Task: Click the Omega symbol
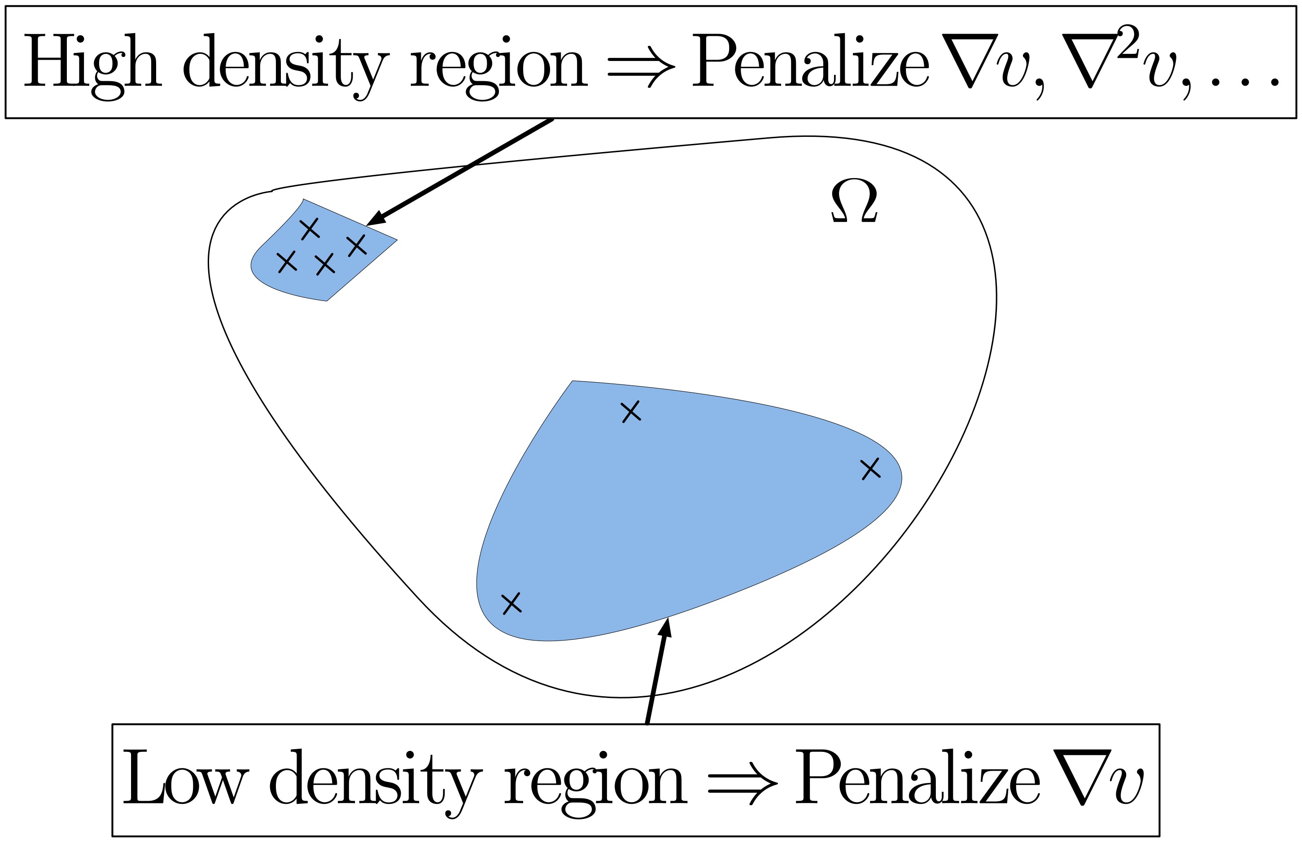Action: click(854, 201)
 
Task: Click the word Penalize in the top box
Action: click(810, 61)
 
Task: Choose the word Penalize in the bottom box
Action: click(917, 777)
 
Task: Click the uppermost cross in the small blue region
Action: click(310, 228)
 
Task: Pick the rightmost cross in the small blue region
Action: click(357, 245)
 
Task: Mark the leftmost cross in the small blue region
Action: click(287, 262)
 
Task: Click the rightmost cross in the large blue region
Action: click(870, 469)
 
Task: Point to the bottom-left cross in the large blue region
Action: click(511, 603)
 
